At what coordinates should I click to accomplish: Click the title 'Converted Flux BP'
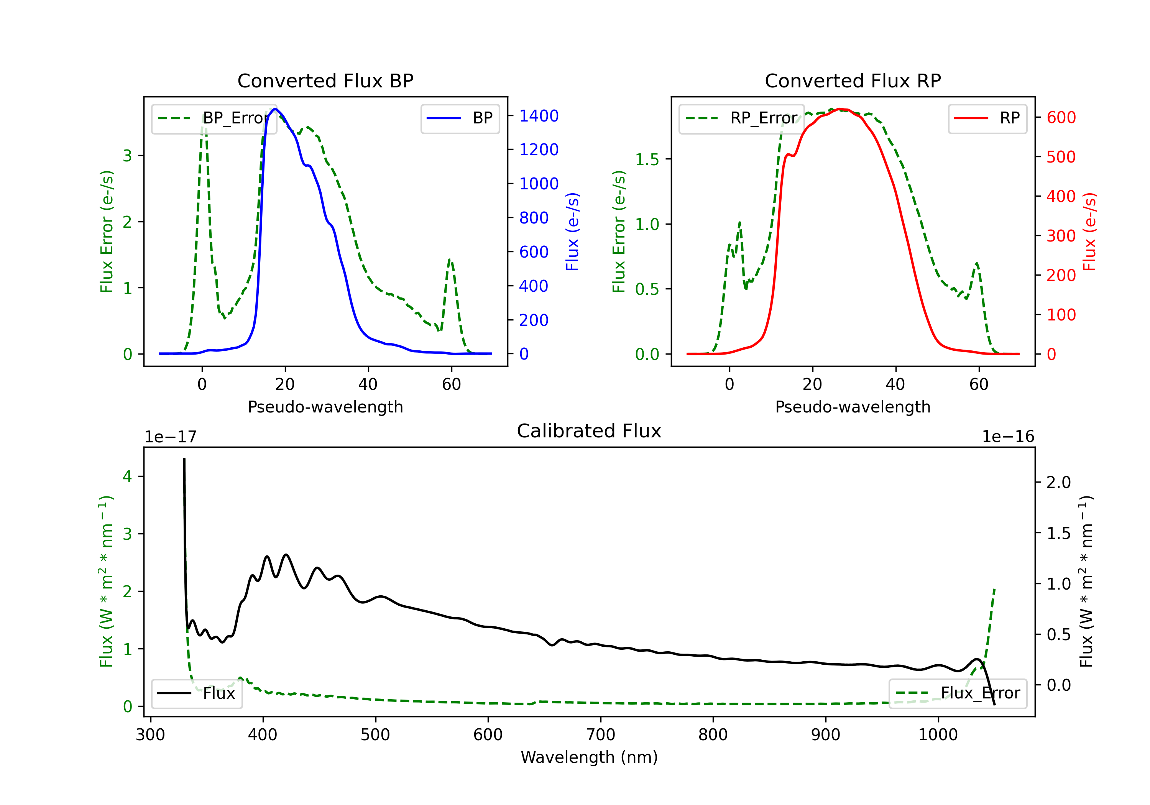pyautogui.click(x=325, y=80)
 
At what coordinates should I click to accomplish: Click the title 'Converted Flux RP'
pyautogui.click(x=853, y=80)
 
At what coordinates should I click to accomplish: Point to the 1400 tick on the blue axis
pyautogui.click(x=539, y=116)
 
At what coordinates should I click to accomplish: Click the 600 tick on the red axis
pyautogui.click(x=1061, y=117)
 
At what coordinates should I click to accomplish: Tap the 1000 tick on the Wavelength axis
pyautogui.click(x=938, y=734)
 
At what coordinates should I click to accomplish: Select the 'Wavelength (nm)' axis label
pyautogui.click(x=589, y=757)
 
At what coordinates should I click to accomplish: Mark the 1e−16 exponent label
pyautogui.click(x=1008, y=437)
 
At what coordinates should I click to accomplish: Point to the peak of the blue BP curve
pyautogui.click(x=274, y=109)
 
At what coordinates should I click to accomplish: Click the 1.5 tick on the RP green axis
pyautogui.click(x=647, y=159)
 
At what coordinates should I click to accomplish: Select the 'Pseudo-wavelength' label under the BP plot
pyautogui.click(x=325, y=407)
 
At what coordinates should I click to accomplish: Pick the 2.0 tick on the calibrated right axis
pyautogui.click(x=1058, y=482)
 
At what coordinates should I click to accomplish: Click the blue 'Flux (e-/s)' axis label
pyautogui.click(x=572, y=232)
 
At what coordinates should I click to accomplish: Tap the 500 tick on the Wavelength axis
pyautogui.click(x=375, y=734)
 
